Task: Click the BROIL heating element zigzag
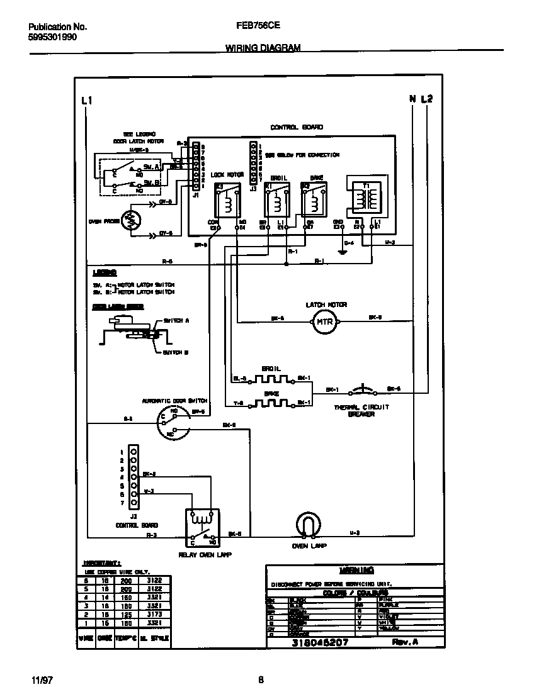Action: (x=271, y=379)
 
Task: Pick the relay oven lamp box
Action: (x=202, y=527)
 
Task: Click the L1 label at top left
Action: (x=88, y=100)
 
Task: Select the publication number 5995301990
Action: (x=54, y=37)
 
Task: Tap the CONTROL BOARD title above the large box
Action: (x=297, y=127)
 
